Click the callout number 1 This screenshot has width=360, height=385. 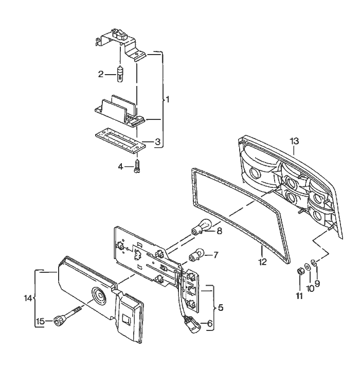pyautogui.click(x=167, y=99)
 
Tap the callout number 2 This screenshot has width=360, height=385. pyautogui.click(x=101, y=74)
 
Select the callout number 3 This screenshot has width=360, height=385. pyautogui.click(x=157, y=141)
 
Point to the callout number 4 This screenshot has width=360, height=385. pyautogui.click(x=121, y=166)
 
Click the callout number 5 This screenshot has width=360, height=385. pyautogui.click(x=220, y=308)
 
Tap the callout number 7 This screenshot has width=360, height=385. pyautogui.click(x=215, y=254)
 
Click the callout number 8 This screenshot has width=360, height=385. pyautogui.click(x=219, y=231)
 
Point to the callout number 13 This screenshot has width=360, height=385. pyautogui.click(x=294, y=141)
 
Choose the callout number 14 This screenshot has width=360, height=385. pyautogui.click(x=28, y=298)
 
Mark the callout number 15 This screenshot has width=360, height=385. pyautogui.click(x=40, y=322)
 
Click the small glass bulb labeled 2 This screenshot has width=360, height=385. pyautogui.click(x=120, y=76)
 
